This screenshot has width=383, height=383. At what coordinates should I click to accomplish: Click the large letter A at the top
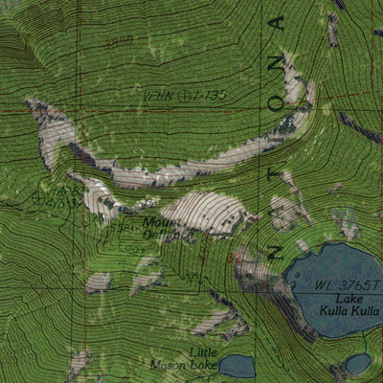279,25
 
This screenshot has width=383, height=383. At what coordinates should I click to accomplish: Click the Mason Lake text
181,365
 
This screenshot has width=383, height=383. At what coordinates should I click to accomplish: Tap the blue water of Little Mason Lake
237,366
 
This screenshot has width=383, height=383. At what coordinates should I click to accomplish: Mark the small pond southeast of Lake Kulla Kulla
358,364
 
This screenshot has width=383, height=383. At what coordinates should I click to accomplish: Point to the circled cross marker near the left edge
37,199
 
